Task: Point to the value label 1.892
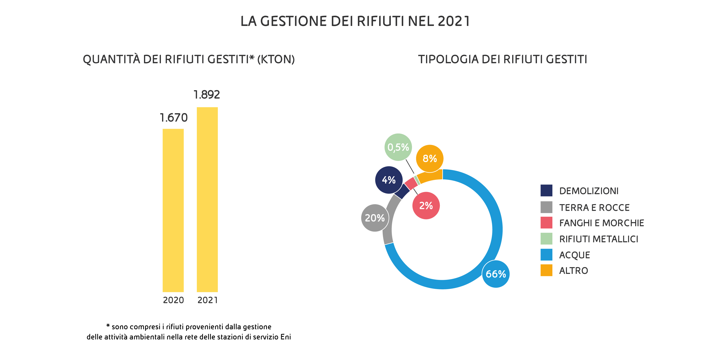click(207, 95)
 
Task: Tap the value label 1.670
click(174, 118)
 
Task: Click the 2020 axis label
click(173, 300)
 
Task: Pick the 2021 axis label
click(208, 300)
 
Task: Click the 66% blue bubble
click(496, 274)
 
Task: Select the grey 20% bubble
click(375, 218)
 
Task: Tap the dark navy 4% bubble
click(389, 180)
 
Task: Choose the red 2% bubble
click(426, 206)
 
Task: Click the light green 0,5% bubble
click(398, 147)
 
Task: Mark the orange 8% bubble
click(430, 158)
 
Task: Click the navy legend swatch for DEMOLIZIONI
click(546, 190)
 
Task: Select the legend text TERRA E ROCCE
click(594, 207)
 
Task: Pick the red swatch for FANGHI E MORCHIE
click(546, 222)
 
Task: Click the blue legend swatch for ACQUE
click(546, 255)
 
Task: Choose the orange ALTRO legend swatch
click(546, 270)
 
